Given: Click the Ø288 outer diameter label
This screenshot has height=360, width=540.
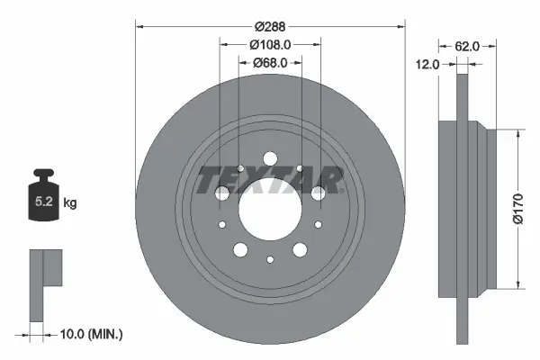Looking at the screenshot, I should [x=269, y=27].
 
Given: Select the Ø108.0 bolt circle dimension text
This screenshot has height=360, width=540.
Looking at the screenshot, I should [x=269, y=45].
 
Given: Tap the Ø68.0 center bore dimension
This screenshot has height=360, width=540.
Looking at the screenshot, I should [x=269, y=63].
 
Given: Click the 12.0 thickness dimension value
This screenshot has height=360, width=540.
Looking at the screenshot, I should [x=427, y=64].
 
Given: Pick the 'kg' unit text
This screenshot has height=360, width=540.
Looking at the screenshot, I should [x=70, y=203].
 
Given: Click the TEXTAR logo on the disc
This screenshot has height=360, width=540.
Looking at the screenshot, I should [x=270, y=180].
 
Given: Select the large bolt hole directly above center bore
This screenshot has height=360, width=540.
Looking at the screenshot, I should [x=270, y=159].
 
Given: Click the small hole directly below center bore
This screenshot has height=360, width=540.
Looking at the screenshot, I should [x=270, y=259].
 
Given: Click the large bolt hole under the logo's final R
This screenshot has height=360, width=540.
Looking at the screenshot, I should [x=318, y=193].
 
